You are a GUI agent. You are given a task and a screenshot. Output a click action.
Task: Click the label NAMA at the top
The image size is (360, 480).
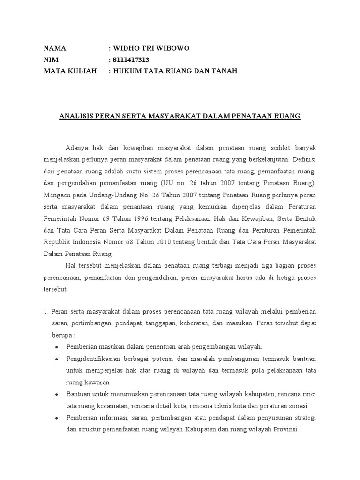(x=55, y=48)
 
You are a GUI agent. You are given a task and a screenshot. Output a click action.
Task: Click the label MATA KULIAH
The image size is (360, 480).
(x=70, y=71)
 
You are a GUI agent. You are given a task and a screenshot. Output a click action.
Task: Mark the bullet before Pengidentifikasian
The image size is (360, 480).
(x=57, y=359)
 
